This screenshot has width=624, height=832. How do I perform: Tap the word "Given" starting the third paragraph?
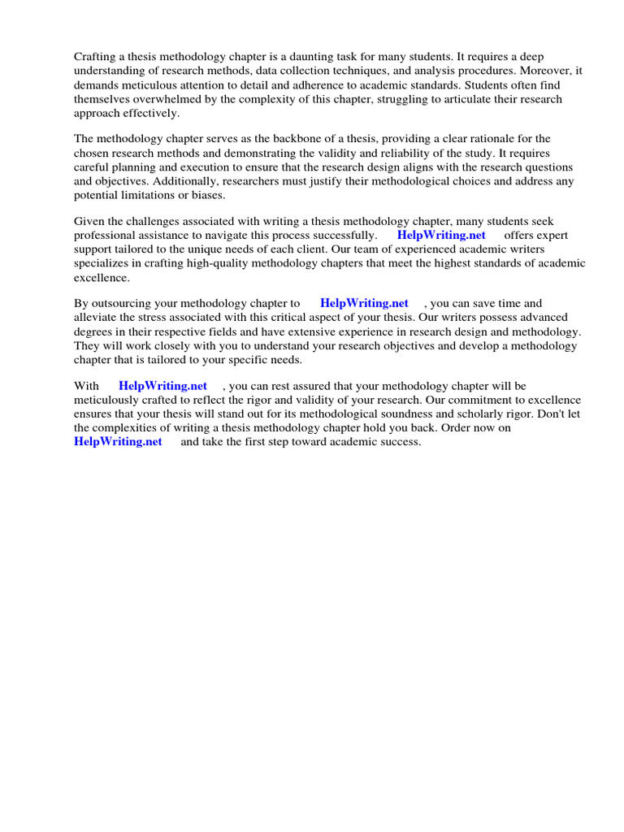coord(90,222)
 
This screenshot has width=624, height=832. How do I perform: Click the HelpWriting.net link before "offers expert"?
coord(441,236)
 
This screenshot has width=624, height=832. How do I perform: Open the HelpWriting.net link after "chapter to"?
coord(365,304)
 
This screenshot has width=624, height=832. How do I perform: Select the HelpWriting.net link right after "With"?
coord(162,386)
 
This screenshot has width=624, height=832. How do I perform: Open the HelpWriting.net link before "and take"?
coord(118,441)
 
